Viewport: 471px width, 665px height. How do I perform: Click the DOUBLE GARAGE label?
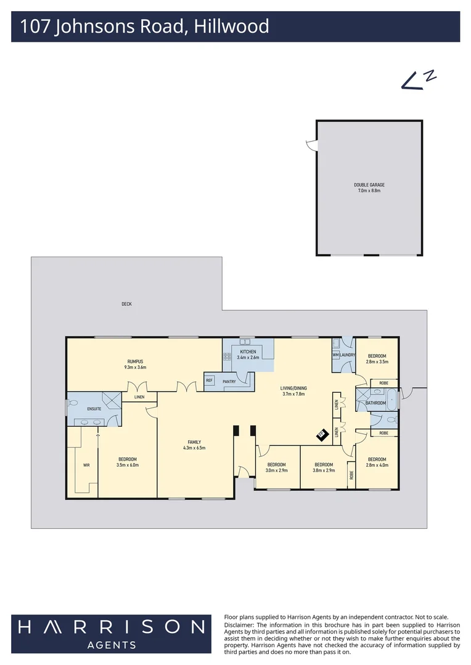click(369, 185)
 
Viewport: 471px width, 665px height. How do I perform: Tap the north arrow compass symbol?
click(419, 80)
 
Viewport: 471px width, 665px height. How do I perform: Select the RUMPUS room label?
click(136, 361)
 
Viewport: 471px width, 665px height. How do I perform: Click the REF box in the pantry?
click(209, 381)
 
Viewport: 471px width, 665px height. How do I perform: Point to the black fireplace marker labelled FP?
click(321, 435)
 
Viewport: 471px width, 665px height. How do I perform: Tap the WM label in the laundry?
click(336, 355)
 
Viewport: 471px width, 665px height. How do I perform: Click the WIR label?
click(86, 465)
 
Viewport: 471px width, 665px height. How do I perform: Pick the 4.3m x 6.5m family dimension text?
click(194, 448)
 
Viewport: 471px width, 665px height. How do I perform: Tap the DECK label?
click(126, 304)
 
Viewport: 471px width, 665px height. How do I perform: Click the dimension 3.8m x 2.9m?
click(324, 470)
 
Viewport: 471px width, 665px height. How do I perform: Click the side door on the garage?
click(311, 145)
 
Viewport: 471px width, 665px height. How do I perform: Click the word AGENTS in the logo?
click(111, 645)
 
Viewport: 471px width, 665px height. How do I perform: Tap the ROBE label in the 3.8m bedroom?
click(351, 475)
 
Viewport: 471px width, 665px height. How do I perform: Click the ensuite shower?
click(110, 401)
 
